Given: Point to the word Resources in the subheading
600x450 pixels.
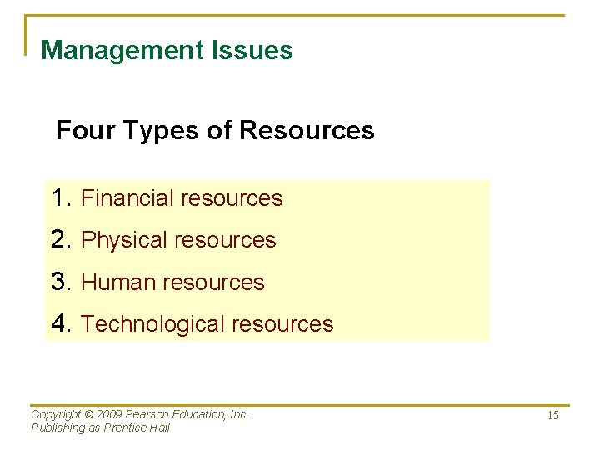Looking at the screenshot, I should [306, 131].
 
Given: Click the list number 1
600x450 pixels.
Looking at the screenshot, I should [58, 197].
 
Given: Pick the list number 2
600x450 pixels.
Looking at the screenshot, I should [58, 239].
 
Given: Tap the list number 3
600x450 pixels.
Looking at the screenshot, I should [58, 282].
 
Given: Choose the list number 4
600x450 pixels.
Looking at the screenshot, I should [58, 323].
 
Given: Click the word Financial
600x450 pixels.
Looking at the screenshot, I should [127, 198].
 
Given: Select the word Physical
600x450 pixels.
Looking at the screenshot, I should [123, 240].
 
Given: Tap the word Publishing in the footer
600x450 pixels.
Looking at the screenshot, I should [57, 427].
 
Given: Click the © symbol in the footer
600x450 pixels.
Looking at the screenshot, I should [90, 414].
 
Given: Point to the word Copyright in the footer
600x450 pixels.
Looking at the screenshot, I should [56, 414].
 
